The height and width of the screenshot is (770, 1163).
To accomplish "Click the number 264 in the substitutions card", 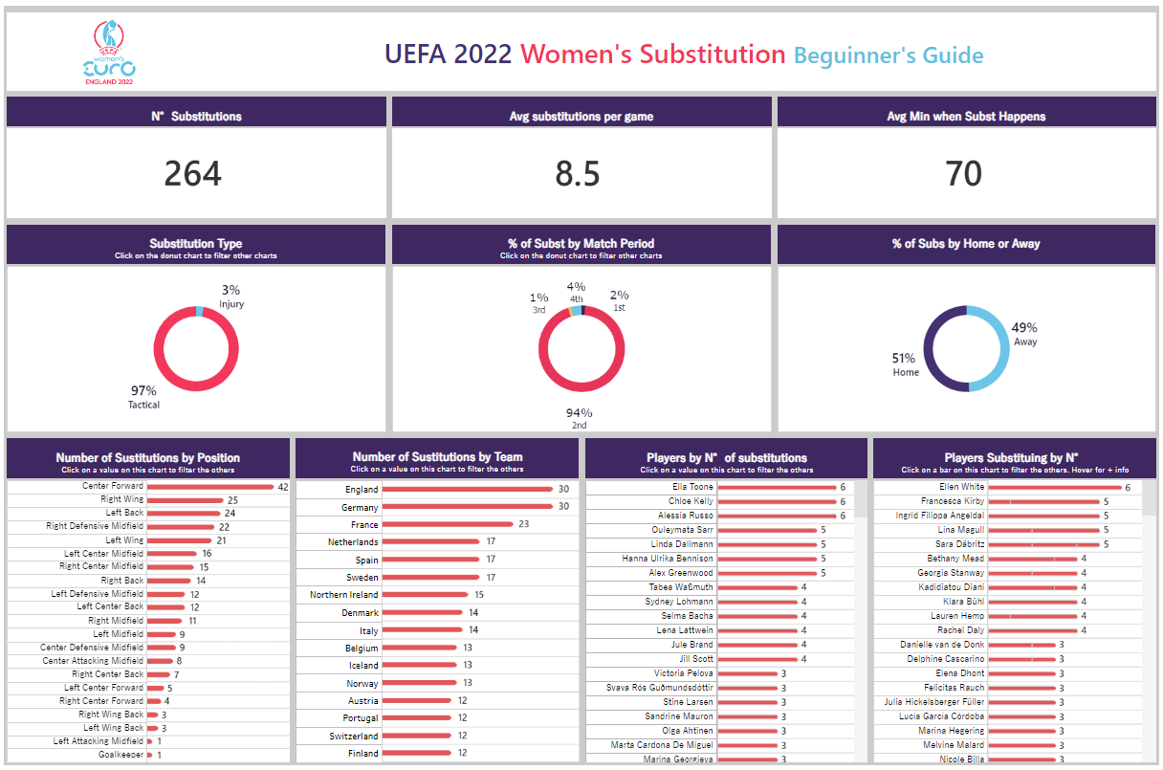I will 193,174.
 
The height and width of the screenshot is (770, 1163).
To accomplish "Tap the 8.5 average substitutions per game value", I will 578,174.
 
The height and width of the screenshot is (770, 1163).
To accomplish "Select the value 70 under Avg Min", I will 964,174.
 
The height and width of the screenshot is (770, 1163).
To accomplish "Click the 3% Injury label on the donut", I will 230,296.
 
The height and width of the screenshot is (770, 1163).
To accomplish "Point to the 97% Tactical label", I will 143,397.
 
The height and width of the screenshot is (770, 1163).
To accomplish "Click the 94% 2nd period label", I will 579,418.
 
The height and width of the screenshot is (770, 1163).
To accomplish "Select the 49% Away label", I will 1024,334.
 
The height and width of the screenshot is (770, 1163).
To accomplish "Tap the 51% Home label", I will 905,364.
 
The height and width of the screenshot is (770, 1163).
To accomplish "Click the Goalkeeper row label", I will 122,755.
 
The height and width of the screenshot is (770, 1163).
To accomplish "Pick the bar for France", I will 448,524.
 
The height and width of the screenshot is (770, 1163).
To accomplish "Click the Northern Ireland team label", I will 343,595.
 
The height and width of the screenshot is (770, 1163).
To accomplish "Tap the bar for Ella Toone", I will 776,488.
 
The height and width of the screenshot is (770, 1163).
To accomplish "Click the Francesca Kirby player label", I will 953,501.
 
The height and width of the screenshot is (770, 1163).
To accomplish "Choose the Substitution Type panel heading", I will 196,244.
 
